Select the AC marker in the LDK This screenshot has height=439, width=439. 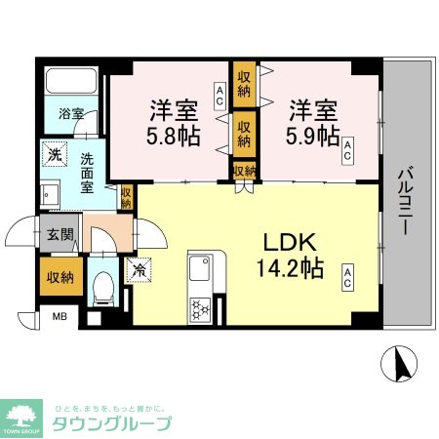tap(346, 278)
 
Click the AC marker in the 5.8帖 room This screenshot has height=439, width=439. tap(220, 95)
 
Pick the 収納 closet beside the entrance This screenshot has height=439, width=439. tap(57, 277)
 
